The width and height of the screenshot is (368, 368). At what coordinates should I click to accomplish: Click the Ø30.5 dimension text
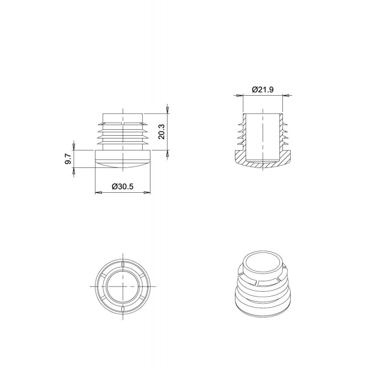(x=122, y=187)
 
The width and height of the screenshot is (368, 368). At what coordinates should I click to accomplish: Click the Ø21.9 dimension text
(x=263, y=90)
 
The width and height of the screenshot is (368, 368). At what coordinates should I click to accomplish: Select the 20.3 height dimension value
(x=162, y=132)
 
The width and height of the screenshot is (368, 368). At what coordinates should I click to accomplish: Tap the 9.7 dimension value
(x=68, y=159)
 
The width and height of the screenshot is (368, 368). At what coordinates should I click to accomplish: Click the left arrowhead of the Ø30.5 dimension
(x=98, y=192)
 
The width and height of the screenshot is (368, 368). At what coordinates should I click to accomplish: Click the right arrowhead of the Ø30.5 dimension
(x=147, y=192)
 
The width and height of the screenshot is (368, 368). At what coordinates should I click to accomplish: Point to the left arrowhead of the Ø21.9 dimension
(x=239, y=96)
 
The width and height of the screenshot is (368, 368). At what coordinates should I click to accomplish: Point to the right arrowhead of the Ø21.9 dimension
(x=286, y=96)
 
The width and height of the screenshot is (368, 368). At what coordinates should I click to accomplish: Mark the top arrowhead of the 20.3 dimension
(x=167, y=110)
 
